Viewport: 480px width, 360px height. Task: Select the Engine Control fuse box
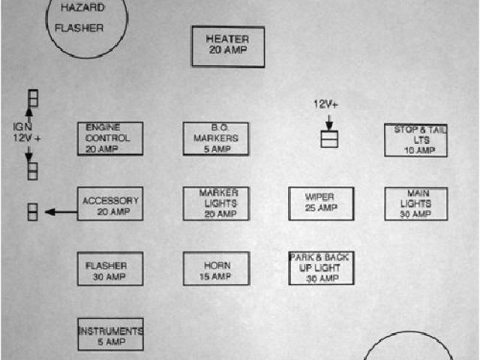pyautogui.click(x=109, y=139)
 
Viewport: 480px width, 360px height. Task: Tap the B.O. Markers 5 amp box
pyautogui.click(x=215, y=139)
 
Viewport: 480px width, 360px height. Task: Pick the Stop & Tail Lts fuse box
pyautogui.click(x=415, y=140)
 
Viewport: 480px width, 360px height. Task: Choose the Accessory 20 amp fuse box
pyautogui.click(x=109, y=203)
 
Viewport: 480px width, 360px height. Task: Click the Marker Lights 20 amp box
pyautogui.click(x=215, y=203)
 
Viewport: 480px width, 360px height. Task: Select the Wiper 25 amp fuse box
pyautogui.click(x=321, y=203)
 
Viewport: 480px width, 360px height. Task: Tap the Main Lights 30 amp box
pyautogui.click(x=415, y=204)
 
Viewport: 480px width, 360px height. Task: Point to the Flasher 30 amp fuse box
pyautogui.click(x=109, y=268)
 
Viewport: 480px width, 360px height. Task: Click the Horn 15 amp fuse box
pyautogui.click(x=215, y=268)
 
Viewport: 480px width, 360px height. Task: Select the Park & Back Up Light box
pyautogui.click(x=321, y=268)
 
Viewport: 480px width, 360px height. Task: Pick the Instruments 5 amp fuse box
pyautogui.click(x=109, y=334)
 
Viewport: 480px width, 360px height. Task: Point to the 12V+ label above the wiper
pyautogui.click(x=325, y=105)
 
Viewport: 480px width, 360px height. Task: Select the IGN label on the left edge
pyautogui.click(x=20, y=127)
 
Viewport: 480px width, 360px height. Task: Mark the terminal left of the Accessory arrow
pyautogui.click(x=32, y=211)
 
